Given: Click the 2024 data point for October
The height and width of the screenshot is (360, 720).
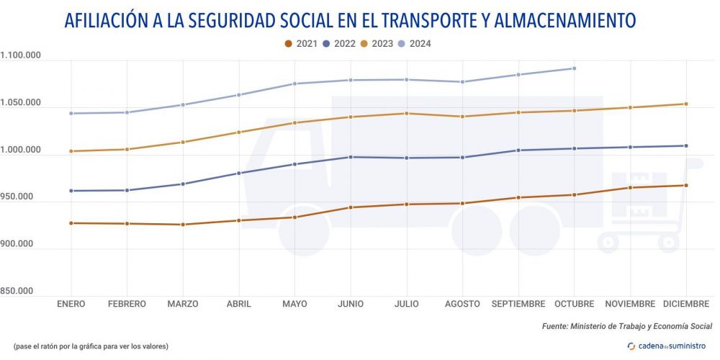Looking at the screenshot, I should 574,68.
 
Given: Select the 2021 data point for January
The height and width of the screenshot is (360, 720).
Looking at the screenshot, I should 71,223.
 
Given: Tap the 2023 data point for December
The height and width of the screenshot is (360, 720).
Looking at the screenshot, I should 685,104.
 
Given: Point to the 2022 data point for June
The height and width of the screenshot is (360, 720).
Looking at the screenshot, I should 351,157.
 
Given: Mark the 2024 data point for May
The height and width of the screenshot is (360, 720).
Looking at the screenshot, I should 294,84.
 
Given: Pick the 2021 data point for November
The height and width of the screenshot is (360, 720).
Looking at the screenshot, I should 630,188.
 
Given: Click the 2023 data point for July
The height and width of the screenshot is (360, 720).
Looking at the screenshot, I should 406,113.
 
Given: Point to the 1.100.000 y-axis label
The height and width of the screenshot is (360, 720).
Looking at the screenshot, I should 22,55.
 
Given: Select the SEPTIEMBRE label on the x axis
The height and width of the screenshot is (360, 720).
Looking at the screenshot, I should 518,304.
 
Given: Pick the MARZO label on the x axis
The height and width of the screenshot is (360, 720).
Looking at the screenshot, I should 183,304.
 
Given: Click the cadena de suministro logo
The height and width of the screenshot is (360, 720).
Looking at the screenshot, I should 667,346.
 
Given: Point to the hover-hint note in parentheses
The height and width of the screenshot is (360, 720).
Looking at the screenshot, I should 91,346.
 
